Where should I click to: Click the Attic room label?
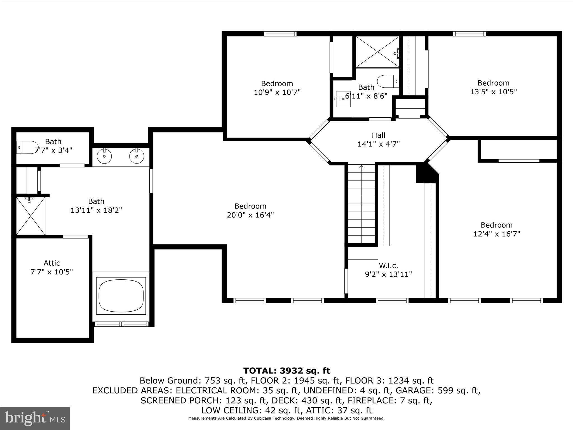(x=52, y=263)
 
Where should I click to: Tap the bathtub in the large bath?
(x=121, y=296)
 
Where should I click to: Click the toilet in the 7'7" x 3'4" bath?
(x=26, y=147)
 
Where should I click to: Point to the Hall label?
(x=378, y=135)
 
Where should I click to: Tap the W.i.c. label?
(x=388, y=265)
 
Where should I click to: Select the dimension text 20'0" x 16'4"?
(x=250, y=215)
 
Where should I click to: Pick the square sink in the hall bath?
(x=343, y=99)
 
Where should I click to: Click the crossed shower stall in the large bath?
(x=30, y=216)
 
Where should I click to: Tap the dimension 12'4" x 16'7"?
(x=497, y=234)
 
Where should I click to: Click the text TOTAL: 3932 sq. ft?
(x=286, y=371)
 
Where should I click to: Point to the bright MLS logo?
(x=35, y=418)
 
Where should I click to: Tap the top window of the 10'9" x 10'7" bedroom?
(x=280, y=34)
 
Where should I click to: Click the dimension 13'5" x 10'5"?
(x=493, y=92)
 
